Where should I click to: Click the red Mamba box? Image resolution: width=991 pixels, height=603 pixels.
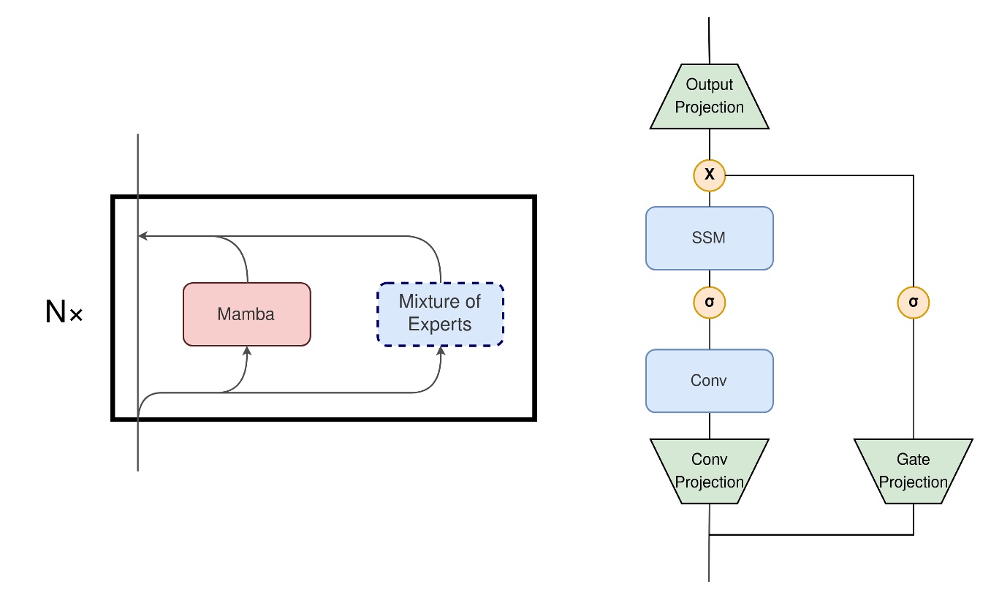(246, 314)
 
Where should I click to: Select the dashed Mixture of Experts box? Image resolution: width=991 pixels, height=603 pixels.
(440, 314)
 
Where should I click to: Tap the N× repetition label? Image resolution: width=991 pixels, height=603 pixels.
(64, 313)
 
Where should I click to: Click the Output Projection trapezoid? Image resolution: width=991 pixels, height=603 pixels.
(709, 96)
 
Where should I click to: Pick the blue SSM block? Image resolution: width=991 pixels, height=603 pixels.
(709, 238)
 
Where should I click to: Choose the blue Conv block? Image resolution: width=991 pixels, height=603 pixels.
(709, 381)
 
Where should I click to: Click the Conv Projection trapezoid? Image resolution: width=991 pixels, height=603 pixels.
(709, 471)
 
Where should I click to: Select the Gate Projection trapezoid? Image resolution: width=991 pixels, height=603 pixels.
(913, 471)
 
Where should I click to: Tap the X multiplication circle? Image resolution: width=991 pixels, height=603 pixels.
(709, 175)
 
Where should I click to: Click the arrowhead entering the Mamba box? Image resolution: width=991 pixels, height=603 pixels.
(247, 352)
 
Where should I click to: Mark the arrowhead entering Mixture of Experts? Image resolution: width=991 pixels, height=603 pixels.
(440, 352)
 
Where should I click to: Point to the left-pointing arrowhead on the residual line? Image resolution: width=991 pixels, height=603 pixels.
(143, 236)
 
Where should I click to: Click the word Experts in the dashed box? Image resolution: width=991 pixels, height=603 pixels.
(440, 325)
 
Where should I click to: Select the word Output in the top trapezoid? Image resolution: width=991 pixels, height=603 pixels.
(709, 86)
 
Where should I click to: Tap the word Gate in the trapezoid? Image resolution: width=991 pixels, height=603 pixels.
(913, 460)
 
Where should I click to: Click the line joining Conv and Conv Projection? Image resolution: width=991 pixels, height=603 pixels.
(709, 425)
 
